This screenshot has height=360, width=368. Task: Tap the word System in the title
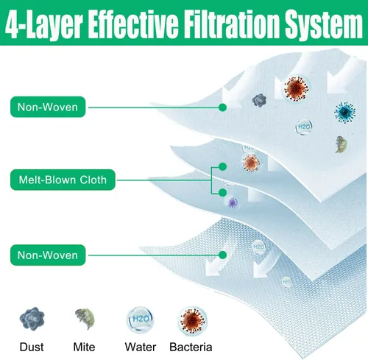click(x=324, y=25)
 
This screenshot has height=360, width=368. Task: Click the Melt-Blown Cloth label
click(x=63, y=180)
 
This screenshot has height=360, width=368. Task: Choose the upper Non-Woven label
click(x=48, y=107)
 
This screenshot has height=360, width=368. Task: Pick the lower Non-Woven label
click(x=48, y=255)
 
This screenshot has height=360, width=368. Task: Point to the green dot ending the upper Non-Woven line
click(x=222, y=107)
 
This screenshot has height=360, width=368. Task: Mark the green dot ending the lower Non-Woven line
click(x=222, y=255)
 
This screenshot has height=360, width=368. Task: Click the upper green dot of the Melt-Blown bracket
click(x=222, y=167)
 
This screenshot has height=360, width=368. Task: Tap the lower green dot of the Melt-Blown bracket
click(x=222, y=193)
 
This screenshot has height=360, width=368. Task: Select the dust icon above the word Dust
click(x=32, y=319)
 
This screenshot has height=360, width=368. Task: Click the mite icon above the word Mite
click(x=85, y=319)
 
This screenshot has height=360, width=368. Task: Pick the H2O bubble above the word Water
click(x=141, y=320)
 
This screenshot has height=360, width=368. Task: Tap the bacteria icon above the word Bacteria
click(x=193, y=321)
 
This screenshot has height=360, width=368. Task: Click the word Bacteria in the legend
click(x=191, y=347)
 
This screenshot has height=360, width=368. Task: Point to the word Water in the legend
click(x=141, y=347)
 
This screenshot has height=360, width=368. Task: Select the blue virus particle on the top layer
click(x=345, y=113)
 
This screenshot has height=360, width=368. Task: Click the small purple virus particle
click(x=233, y=202)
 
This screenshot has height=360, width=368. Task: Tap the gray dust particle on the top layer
click(x=259, y=100)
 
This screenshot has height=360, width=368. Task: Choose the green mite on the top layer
click(x=342, y=144)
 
